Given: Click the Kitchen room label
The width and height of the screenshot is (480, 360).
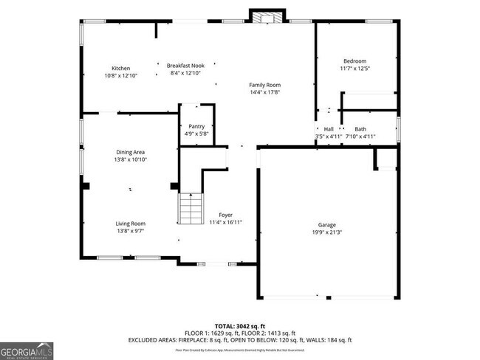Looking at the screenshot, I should [x=120, y=68].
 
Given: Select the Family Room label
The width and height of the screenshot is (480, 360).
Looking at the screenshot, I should [x=264, y=85].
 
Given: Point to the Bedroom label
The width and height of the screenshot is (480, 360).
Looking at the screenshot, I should [x=354, y=60].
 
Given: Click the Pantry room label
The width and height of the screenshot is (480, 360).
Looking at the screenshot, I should [x=196, y=126].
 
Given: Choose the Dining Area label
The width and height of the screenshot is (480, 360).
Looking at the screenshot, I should [x=129, y=152].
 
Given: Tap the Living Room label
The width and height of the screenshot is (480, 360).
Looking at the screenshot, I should [x=130, y=224].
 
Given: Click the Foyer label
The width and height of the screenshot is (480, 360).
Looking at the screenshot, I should [x=225, y=215].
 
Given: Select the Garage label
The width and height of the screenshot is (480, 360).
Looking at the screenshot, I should [x=327, y=224].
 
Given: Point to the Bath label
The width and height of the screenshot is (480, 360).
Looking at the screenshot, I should [x=360, y=129].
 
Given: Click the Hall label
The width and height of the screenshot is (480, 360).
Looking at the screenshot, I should [x=329, y=129].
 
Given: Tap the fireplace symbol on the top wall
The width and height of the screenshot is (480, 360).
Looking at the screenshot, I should [x=267, y=16].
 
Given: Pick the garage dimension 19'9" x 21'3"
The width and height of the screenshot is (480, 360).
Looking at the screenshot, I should [x=327, y=232].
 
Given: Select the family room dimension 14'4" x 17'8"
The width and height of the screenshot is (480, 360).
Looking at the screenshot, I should [x=264, y=92].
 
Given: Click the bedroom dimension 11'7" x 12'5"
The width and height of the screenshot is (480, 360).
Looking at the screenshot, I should [x=354, y=69].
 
